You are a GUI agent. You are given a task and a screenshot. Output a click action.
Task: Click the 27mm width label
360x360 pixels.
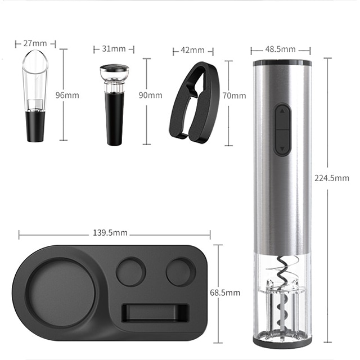[x=35, y=43]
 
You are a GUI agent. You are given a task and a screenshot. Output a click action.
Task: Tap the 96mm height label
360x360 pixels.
[x=67, y=95]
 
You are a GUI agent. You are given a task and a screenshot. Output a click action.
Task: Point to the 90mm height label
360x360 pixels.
[x=150, y=95]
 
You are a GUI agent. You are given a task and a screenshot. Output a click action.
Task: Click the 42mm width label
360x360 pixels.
[x=192, y=50]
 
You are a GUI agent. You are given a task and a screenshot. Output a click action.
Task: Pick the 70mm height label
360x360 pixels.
[x=234, y=96]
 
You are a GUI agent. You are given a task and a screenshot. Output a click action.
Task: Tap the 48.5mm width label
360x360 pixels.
[x=281, y=49]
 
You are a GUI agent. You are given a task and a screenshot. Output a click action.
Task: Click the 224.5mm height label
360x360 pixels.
[x=332, y=178]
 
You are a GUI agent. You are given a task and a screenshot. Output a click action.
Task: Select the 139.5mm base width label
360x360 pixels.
[x=110, y=232]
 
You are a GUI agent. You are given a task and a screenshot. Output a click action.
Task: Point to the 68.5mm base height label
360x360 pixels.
[x=225, y=292]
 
